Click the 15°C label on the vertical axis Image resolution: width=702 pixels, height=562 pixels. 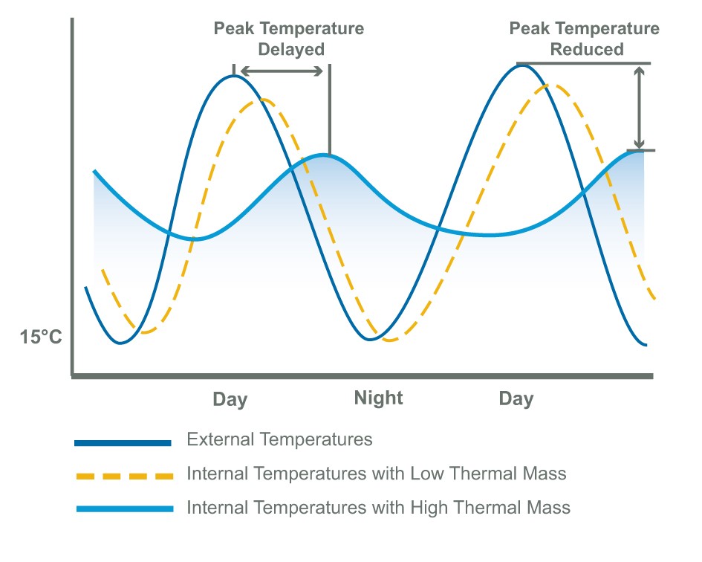41,337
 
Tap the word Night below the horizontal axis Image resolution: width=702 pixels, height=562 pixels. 378,398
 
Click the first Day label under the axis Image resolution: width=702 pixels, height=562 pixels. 230,399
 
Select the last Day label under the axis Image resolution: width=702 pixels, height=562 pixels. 516,399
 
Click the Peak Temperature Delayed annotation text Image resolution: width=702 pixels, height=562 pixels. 289,39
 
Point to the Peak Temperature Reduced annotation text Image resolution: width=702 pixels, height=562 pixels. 584,39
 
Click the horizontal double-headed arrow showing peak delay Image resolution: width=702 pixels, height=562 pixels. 282,71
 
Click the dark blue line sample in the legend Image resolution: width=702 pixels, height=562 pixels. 123,442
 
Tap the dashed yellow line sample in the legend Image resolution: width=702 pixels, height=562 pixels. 123,475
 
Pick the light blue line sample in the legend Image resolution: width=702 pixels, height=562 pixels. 123,509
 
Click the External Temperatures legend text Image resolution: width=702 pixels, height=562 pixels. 279,439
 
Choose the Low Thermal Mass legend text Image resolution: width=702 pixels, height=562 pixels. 377,474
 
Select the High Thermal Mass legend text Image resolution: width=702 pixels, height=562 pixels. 378,508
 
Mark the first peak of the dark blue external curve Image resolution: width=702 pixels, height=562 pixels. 234,76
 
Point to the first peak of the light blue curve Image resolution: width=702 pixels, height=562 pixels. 324,155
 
